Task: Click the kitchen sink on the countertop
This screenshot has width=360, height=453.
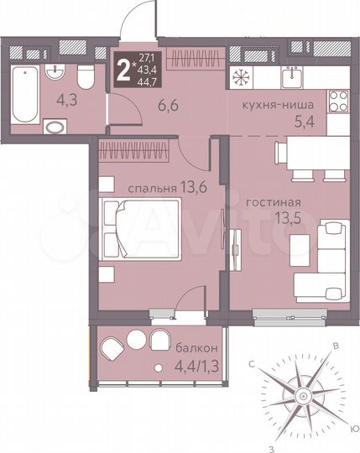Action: coord(294,77)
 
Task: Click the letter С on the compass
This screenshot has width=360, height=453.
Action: coord(252,363)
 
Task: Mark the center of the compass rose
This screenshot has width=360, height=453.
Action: coord(300,394)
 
